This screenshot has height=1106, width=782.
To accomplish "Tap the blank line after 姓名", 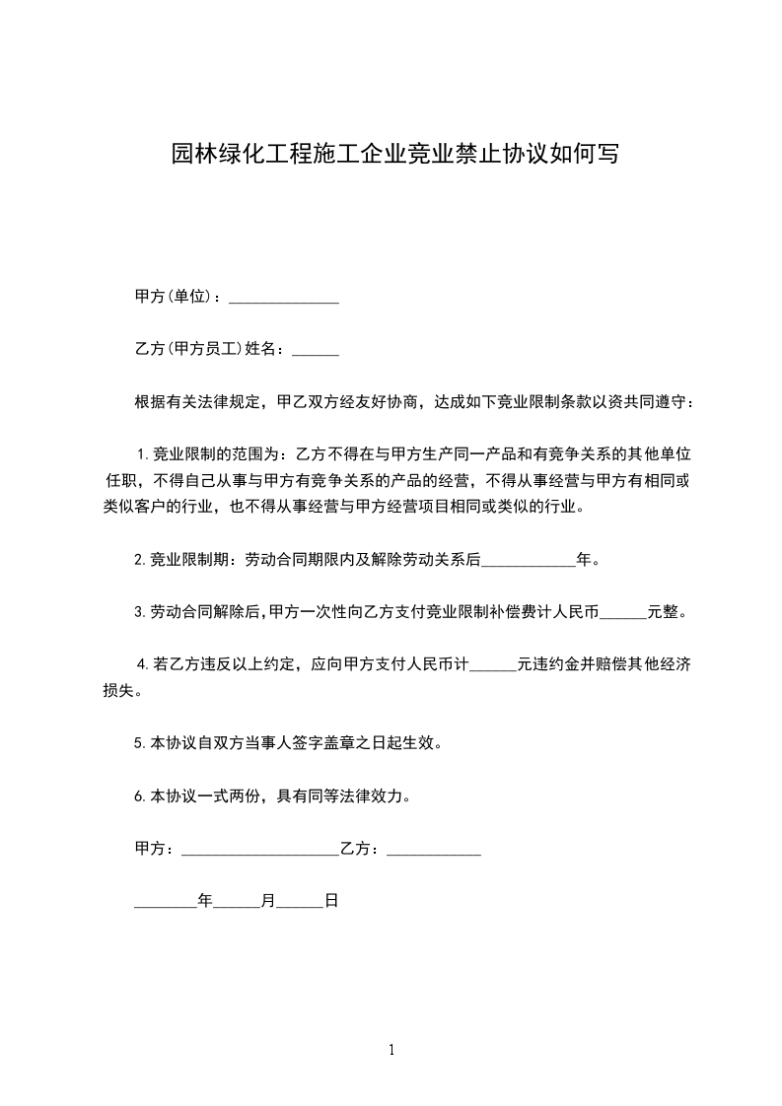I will (316, 351).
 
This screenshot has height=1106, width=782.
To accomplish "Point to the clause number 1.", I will (141, 454).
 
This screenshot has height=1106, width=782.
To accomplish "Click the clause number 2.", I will (139, 560).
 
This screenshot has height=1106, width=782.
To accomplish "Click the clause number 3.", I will (139, 612).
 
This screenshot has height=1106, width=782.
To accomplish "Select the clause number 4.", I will (141, 665).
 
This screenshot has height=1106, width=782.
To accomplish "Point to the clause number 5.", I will (139, 743).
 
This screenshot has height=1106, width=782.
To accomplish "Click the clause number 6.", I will (139, 795).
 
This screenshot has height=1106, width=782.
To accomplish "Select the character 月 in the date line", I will (268, 901).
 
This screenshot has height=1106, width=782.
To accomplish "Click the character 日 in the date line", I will (332, 901).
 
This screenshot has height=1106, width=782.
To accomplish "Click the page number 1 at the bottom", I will (391, 1050).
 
